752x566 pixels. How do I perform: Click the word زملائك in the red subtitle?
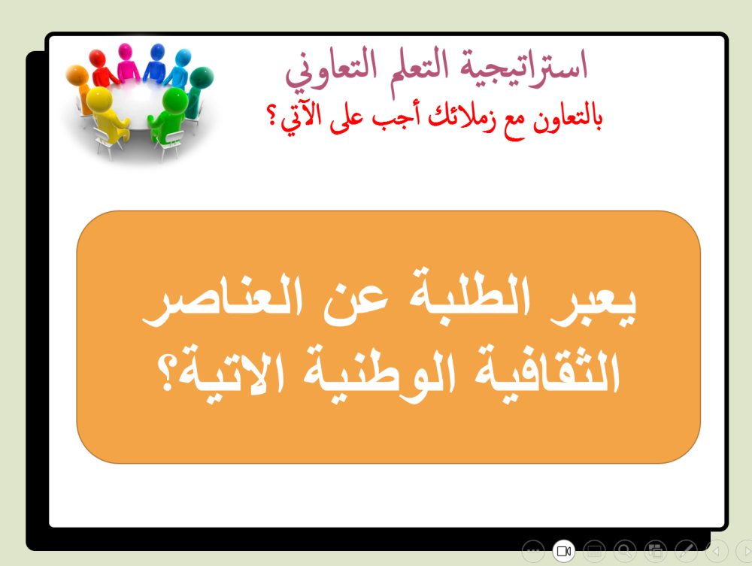[x=458, y=117]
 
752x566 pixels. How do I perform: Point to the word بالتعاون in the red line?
[x=563, y=117]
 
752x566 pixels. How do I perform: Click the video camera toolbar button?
[x=563, y=552]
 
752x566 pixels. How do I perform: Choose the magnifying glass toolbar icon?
[x=624, y=552]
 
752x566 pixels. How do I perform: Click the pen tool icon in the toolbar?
[x=685, y=552]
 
